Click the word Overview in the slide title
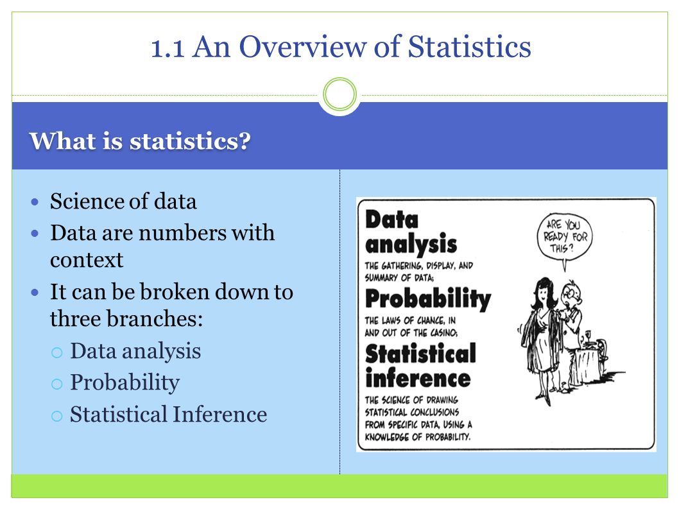tap(302, 47)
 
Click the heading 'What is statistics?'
tap(140, 141)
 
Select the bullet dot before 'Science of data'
tap(35, 202)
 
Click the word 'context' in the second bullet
tap(87, 260)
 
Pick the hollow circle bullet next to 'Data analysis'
tap(56, 352)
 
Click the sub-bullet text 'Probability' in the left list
tap(125, 383)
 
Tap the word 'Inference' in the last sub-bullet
tap(220, 414)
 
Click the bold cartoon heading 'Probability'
tap(428, 298)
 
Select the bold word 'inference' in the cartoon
tap(418, 378)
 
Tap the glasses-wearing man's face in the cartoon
tap(572, 294)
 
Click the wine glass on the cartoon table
tap(588, 336)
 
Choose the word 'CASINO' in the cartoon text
tap(443, 332)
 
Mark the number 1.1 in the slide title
tap(168, 48)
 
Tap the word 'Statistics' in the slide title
tap(469, 47)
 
